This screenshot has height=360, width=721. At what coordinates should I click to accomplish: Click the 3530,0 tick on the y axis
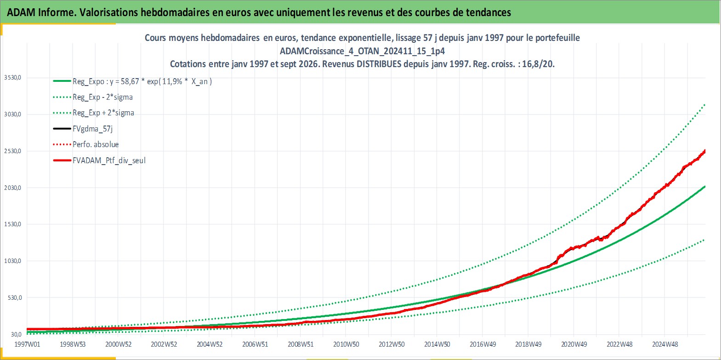pyautogui.click(x=12, y=78)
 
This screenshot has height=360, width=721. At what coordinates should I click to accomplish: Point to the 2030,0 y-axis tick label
pyautogui.click(x=12, y=188)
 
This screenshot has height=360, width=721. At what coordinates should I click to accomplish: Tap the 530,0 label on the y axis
pyautogui.click(x=15, y=298)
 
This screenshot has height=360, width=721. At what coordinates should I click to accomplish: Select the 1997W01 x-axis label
pyautogui.click(x=28, y=344)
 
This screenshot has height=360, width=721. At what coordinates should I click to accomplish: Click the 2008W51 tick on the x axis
pyautogui.click(x=301, y=344)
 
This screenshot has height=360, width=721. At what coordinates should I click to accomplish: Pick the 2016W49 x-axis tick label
pyautogui.click(x=483, y=344)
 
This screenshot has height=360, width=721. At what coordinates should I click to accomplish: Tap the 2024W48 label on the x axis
pyautogui.click(x=665, y=344)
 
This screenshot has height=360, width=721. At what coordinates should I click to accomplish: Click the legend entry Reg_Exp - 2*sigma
pyautogui.click(x=102, y=97)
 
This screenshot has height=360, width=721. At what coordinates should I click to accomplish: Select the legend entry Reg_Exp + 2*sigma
pyautogui.click(x=103, y=113)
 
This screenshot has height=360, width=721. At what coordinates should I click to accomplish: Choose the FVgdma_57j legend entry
pyautogui.click(x=93, y=129)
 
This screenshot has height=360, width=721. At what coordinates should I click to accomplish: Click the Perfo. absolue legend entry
pyautogui.click(x=96, y=144)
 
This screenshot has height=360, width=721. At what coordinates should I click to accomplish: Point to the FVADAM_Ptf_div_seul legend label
pyautogui.click(x=109, y=160)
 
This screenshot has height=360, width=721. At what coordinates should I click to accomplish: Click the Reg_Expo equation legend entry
pyautogui.click(x=142, y=81)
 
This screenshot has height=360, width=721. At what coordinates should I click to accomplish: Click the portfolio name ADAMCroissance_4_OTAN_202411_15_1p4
pyautogui.click(x=363, y=51)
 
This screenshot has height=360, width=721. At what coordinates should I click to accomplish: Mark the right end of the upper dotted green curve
pyautogui.click(x=705, y=105)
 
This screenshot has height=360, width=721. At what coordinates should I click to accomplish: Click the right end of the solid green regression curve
pyautogui.click(x=705, y=187)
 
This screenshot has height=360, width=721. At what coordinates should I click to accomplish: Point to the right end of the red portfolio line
pyautogui.click(x=705, y=151)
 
